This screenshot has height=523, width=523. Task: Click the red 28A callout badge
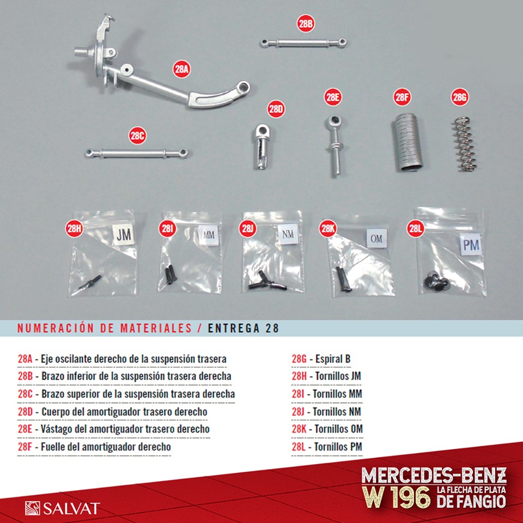tap(181, 69)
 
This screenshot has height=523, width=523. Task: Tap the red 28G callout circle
tap(460, 97)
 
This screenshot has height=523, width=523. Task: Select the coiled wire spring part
tap(465, 144)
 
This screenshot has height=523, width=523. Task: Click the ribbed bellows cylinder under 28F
tap(407, 142)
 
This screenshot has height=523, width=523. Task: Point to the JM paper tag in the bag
tap(124, 234)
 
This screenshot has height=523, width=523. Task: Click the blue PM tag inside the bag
tap(471, 245)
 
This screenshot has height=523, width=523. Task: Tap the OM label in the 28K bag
tap(376, 238)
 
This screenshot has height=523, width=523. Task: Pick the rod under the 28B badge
tap(303, 43)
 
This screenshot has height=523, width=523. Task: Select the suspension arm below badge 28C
tap(136, 154)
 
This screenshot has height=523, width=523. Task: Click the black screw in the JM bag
tap(90, 282)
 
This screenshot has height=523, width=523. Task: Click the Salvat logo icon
tap(32, 508)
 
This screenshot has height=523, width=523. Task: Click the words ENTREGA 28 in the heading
tap(243, 328)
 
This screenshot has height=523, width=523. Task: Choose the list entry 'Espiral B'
tap(333, 359)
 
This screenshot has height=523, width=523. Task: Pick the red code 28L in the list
tap(299, 446)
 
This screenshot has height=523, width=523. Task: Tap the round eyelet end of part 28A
tap(244, 87)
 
